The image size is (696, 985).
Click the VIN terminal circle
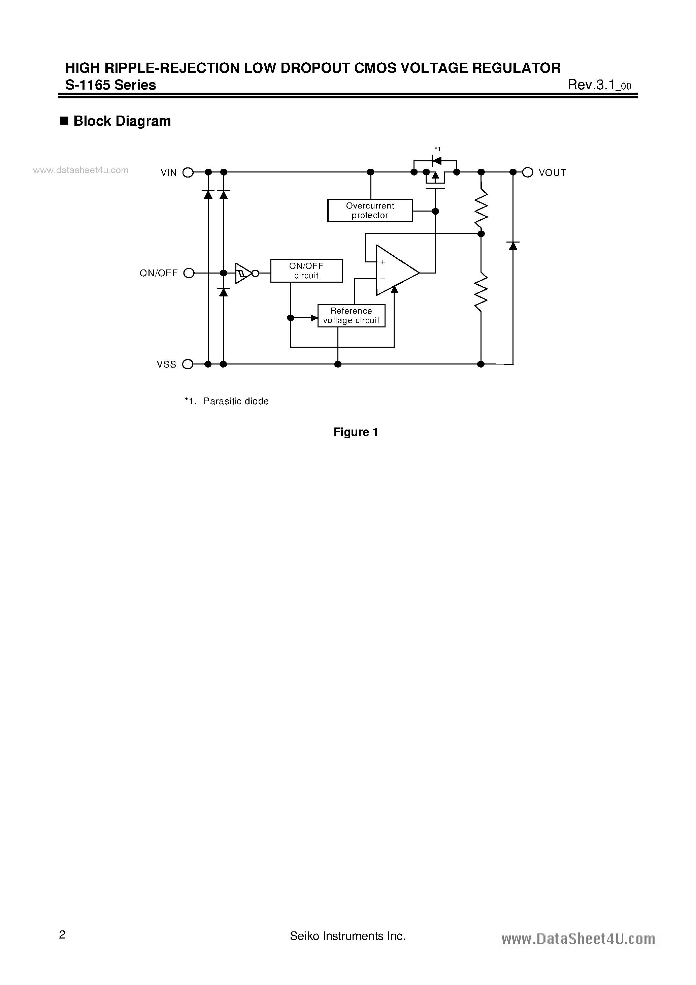coord(188,172)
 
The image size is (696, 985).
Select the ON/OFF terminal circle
coord(189,273)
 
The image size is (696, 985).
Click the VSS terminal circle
coord(188,364)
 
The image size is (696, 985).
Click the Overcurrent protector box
coord(370,210)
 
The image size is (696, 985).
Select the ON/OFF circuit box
coord(306,271)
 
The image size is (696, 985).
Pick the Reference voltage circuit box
coord(351,316)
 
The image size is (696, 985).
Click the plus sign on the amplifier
coord(383,262)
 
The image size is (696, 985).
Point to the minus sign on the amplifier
coord(383,279)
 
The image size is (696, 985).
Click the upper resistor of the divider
coord(481,209)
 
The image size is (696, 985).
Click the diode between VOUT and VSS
coord(513,246)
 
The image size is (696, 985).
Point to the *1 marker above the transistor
coord(437,149)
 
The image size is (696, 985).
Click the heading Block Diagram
coord(122,121)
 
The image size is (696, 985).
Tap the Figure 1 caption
coord(356,432)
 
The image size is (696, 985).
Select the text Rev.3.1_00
coord(599,85)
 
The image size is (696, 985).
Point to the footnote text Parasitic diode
coord(236,401)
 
